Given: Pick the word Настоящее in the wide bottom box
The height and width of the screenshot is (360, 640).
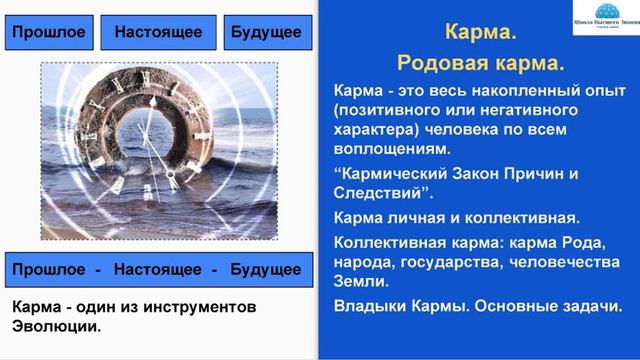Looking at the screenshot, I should click(x=158, y=269).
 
